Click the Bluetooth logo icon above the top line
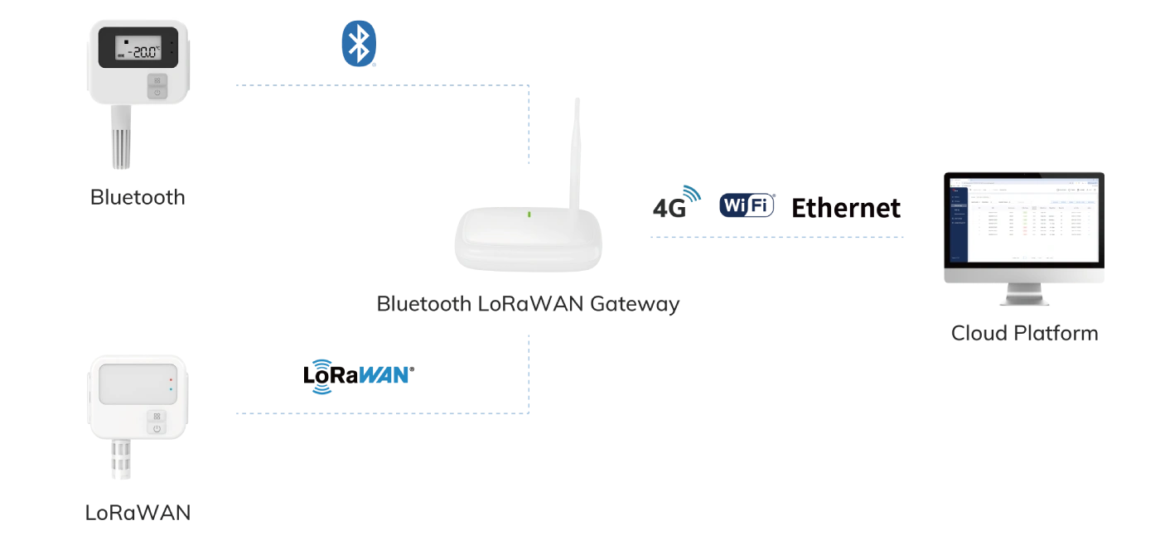[x=358, y=46]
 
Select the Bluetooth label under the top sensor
[x=136, y=197]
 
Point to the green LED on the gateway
[x=529, y=215]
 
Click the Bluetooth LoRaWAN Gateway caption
[x=529, y=303]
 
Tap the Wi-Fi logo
[x=746, y=205]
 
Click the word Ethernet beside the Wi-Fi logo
[x=844, y=206]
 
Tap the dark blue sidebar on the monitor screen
[x=959, y=222]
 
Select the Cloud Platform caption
[x=1024, y=334]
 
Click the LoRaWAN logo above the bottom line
[x=354, y=375]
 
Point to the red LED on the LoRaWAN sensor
[x=171, y=378]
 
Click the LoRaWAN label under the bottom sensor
[x=137, y=513]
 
